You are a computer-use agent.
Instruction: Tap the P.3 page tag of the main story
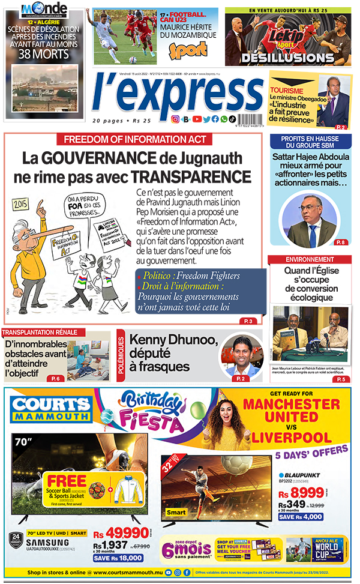248,321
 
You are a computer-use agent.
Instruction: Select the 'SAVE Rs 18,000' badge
118,558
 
